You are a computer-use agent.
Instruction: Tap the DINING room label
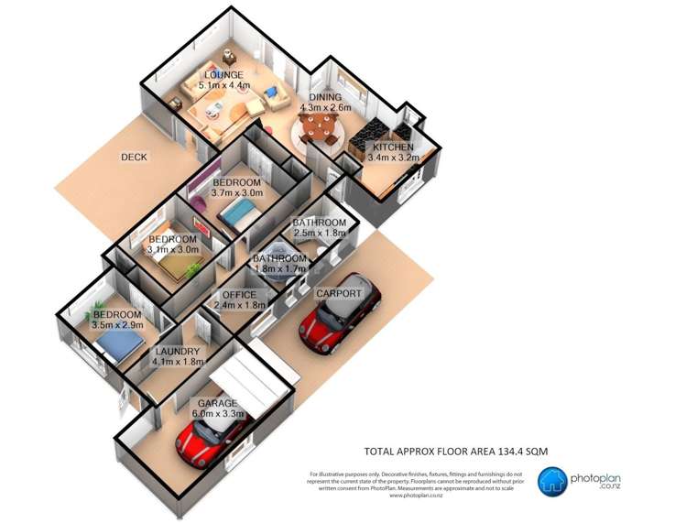pyautogui.click(x=325, y=97)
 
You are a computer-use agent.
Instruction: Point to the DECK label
pyautogui.click(x=134, y=157)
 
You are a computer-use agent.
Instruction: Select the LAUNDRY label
pyautogui.click(x=177, y=351)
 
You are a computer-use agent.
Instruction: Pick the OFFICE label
pyautogui.click(x=239, y=294)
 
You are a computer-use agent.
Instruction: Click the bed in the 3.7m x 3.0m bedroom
pyautogui.click(x=240, y=214)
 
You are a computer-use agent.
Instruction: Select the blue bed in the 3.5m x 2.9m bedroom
pyautogui.click(x=117, y=344)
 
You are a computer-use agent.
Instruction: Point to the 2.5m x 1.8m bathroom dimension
pyautogui.click(x=320, y=234)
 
